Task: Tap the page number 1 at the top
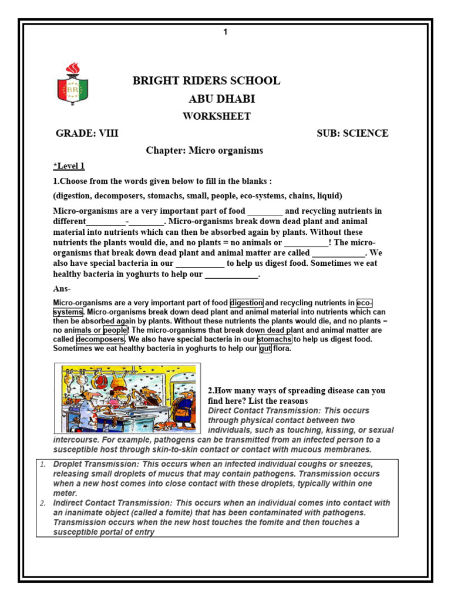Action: click(225, 32)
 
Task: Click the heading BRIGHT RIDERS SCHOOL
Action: click(206, 81)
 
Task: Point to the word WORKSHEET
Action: click(216, 116)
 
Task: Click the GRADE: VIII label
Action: click(87, 133)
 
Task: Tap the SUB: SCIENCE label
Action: click(352, 133)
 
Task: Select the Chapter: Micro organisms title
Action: click(204, 151)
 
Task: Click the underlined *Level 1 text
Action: click(69, 166)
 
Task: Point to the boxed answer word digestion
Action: click(247, 303)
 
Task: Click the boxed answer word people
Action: click(115, 330)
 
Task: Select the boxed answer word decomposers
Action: click(100, 339)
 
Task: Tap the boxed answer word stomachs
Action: click(275, 339)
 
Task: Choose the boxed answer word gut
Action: click(265, 349)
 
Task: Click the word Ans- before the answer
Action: click(62, 289)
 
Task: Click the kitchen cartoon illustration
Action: click(127, 398)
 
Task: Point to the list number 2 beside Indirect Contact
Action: click(43, 503)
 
